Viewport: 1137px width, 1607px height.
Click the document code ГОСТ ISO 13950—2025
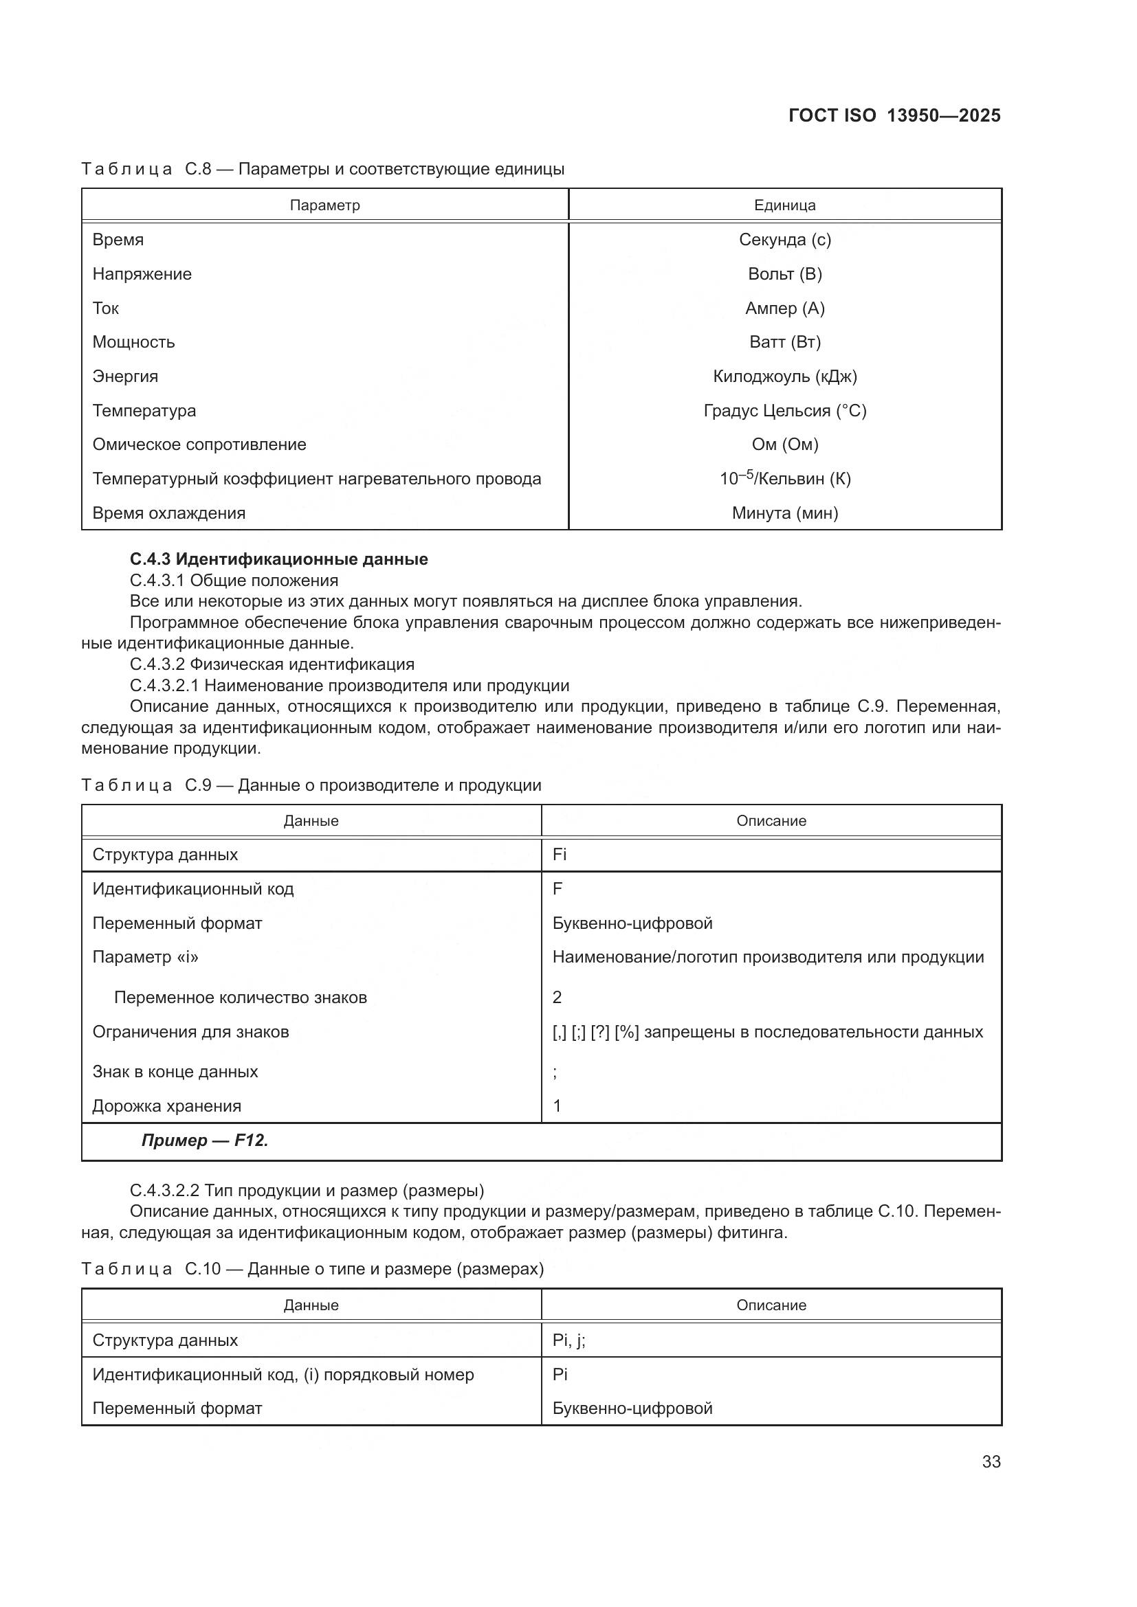coord(894,115)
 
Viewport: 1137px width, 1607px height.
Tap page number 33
coord(991,1461)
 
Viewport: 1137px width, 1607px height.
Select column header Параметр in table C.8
coord(325,205)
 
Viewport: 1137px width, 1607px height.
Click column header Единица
coord(784,205)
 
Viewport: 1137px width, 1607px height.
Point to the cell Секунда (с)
coord(784,239)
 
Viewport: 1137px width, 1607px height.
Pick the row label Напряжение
coord(142,273)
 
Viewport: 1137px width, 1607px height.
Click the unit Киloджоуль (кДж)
coord(784,377)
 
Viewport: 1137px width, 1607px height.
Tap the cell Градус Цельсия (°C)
coord(784,411)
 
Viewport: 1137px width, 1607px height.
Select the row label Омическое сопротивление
coord(199,445)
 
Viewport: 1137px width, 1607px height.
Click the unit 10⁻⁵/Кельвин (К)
coord(784,479)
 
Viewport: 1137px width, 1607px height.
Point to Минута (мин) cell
coord(784,513)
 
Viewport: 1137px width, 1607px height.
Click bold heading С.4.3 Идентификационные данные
coord(278,559)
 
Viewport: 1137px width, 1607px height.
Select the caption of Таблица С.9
coord(311,785)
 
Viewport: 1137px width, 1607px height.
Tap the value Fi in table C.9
coord(560,855)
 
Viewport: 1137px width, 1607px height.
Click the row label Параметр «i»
coord(146,957)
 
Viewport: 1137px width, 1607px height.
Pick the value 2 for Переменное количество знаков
coord(558,998)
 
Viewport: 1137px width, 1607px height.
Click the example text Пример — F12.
coord(204,1140)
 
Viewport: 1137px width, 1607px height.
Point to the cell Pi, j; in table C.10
coord(568,1340)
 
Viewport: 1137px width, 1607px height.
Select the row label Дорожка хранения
coord(166,1106)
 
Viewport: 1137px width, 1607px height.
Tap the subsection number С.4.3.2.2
coord(164,1191)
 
